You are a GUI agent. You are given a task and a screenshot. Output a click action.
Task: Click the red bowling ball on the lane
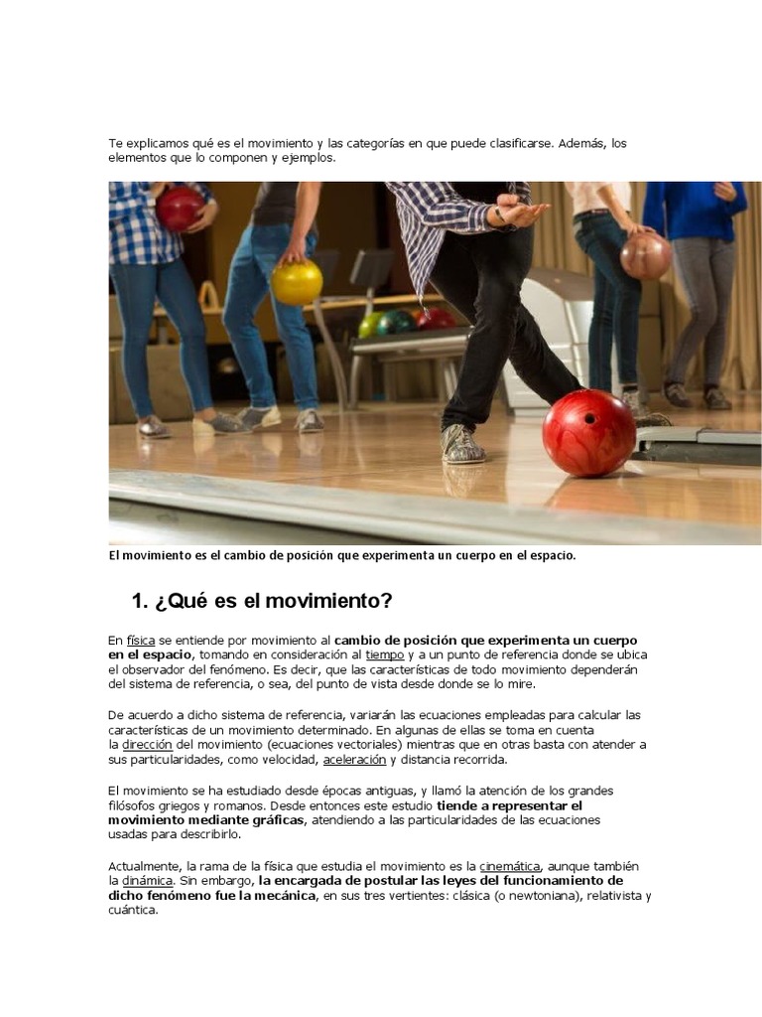(x=588, y=433)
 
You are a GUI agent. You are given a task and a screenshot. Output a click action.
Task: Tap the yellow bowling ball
(x=297, y=282)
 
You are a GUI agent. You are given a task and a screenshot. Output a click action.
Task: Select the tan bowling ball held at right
(x=646, y=255)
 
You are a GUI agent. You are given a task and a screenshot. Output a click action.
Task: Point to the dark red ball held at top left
(x=180, y=209)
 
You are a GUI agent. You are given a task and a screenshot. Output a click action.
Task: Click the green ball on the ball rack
(x=370, y=325)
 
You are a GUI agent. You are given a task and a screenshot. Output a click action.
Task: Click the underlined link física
(x=141, y=641)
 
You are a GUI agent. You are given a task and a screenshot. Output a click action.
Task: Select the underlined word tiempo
(x=385, y=655)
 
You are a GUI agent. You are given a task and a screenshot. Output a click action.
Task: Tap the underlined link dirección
(x=148, y=745)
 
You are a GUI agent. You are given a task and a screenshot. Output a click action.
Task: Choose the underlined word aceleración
(x=354, y=760)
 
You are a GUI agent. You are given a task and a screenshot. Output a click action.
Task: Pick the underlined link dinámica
(x=148, y=881)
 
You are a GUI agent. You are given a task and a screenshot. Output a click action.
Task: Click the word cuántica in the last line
(x=133, y=911)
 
